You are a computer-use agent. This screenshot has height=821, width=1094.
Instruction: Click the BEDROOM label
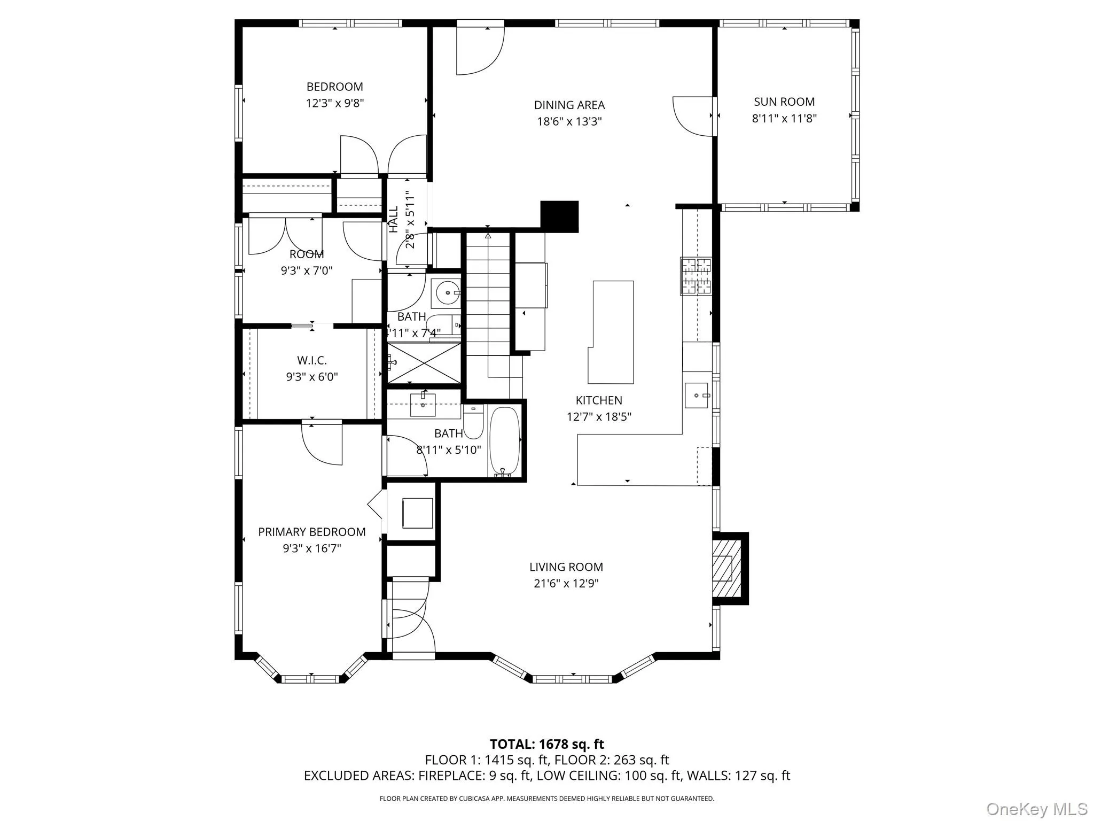point(334,87)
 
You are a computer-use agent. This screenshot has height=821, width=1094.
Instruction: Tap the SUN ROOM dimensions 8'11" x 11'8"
point(784,118)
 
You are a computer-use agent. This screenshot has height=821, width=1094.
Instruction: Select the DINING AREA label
point(569,105)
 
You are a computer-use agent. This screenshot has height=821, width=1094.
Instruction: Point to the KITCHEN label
point(599,400)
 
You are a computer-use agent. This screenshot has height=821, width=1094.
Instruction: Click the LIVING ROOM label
point(566,567)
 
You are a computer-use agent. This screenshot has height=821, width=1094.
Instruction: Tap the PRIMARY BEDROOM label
point(311,532)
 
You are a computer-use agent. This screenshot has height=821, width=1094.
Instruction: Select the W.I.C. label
point(311,360)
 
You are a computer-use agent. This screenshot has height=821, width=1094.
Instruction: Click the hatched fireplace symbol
point(726,568)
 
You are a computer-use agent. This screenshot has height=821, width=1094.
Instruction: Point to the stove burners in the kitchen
point(696,276)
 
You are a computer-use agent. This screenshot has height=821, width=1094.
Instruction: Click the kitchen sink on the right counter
point(697,396)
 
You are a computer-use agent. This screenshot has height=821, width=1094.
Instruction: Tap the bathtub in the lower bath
point(504,442)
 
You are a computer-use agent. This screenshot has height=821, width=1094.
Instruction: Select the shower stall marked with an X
point(424,363)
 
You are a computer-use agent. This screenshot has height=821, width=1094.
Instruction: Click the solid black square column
point(559,216)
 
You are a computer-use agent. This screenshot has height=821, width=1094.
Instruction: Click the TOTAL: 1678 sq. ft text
point(546,744)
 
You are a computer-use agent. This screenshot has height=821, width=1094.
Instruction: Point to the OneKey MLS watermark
point(1036,809)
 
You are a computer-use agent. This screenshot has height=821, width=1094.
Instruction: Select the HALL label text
point(394,219)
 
